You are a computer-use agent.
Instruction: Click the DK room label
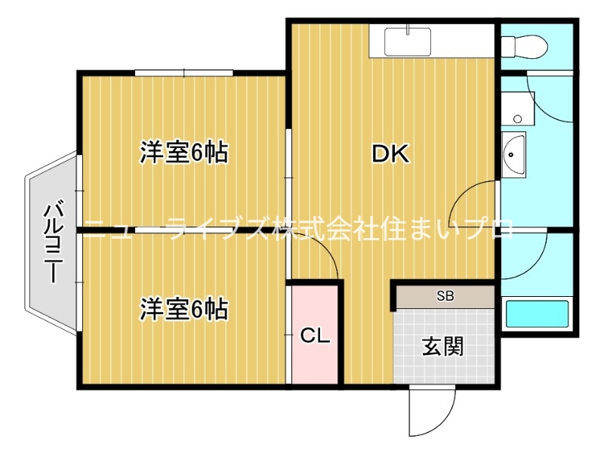coord(390,154)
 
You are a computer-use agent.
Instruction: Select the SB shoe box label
coord(445,296)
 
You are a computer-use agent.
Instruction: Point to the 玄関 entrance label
coord(442,347)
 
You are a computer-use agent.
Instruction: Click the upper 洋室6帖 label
coord(184,153)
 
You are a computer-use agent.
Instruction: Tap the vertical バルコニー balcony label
coord(52,242)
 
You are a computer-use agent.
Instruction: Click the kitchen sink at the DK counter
coord(408,42)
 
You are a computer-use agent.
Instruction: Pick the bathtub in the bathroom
coord(536,312)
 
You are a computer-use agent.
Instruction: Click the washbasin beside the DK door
coord(513,154)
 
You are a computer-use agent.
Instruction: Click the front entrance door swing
coord(427,412)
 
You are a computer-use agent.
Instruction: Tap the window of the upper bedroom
coord(184,73)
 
